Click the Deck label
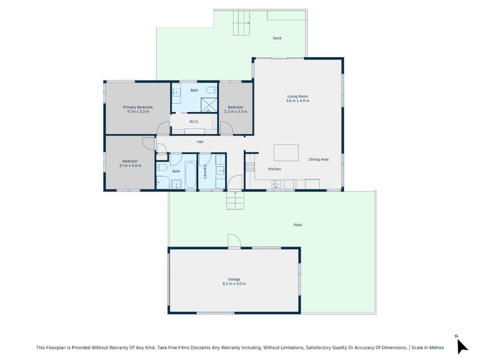click(x=277, y=38)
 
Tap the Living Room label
click(x=298, y=97)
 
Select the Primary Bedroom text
click(x=138, y=107)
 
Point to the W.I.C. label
click(x=194, y=122)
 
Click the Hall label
click(x=200, y=142)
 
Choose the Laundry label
click(x=205, y=172)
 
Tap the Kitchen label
click(x=274, y=169)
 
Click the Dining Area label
click(x=319, y=160)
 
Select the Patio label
click(x=298, y=225)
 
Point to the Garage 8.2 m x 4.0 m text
click(x=234, y=281)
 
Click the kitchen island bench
click(x=286, y=153)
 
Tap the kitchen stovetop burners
click(x=250, y=167)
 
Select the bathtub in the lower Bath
click(x=190, y=175)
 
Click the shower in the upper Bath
click(x=209, y=104)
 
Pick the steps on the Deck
click(x=241, y=23)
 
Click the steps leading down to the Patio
click(x=235, y=200)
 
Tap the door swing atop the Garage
click(x=235, y=241)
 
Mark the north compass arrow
click(x=461, y=346)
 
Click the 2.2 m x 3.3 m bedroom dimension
click(x=236, y=112)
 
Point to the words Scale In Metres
click(x=428, y=347)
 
